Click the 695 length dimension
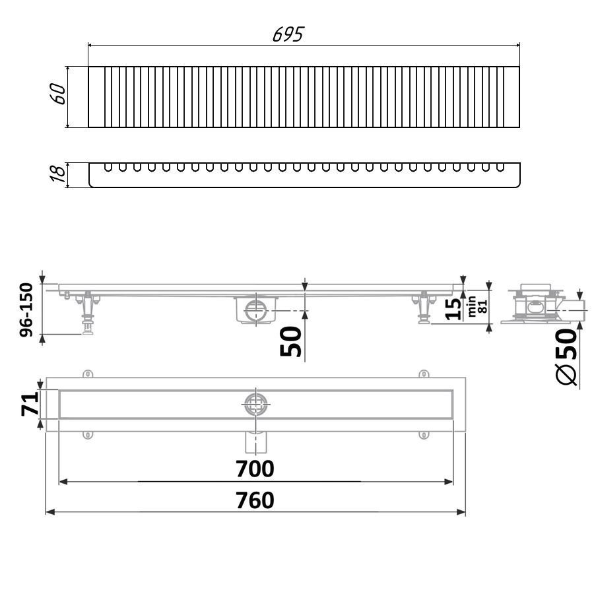288,34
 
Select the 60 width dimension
57,94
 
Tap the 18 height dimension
57,174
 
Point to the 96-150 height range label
26,310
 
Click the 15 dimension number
453,309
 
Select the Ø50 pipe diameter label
567,356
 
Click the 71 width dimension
30,404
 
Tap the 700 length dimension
255,469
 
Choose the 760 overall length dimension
255,500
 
